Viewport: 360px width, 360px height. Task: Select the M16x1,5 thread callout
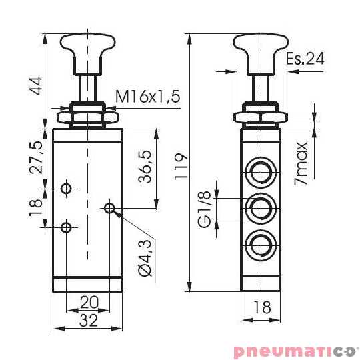[148, 97]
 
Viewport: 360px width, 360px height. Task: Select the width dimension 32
[88, 320]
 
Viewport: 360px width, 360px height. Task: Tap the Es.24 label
[305, 59]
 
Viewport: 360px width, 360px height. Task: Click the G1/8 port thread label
[207, 210]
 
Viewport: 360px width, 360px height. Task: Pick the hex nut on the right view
[261, 117]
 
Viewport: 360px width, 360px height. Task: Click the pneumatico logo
[295, 351]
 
